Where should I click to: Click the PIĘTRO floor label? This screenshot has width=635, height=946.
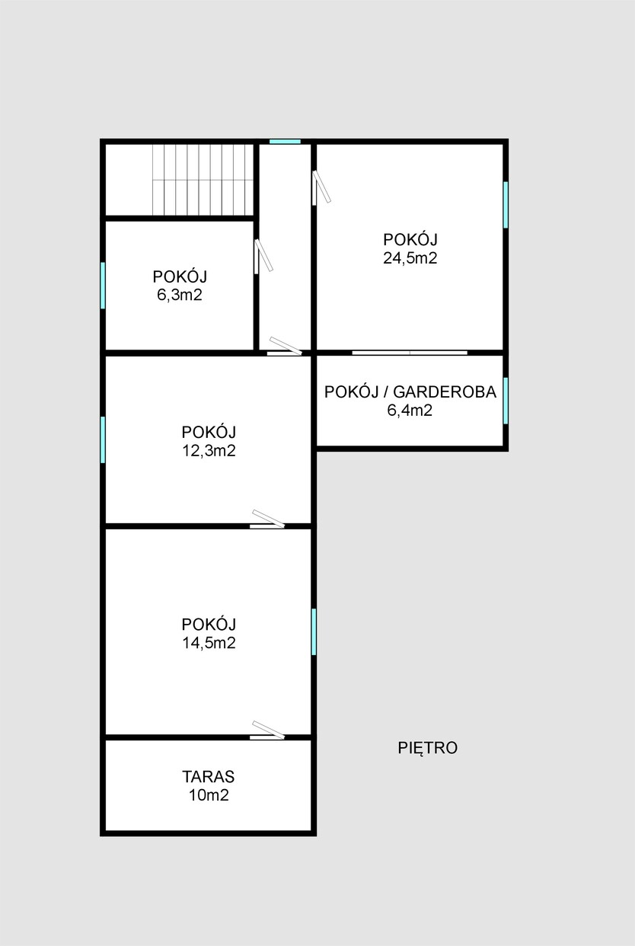tap(428, 748)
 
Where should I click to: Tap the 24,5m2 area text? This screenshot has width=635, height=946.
tap(410, 258)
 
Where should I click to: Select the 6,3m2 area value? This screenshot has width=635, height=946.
tap(180, 296)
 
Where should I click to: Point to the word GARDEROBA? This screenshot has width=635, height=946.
tap(445, 392)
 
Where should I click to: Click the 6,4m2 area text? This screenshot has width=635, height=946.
tap(410, 411)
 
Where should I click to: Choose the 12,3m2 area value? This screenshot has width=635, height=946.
tap(209, 451)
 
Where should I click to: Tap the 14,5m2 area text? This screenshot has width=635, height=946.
tap(209, 643)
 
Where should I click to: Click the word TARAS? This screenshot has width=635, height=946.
tap(209, 777)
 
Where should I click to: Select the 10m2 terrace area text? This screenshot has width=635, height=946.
tap(209, 795)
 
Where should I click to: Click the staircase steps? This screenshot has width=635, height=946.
tap(203, 180)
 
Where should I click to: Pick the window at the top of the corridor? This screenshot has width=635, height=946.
tap(285, 142)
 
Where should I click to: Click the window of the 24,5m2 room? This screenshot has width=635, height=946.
tap(506, 205)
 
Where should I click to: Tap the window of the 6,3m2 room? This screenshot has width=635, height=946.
tap(103, 286)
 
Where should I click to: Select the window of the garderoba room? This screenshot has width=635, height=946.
tap(506, 401)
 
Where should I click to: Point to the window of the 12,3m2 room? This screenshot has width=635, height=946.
tap(103, 439)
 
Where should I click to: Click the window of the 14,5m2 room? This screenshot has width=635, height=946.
tap(314, 631)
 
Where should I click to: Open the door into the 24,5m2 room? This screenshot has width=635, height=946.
tap(321, 187)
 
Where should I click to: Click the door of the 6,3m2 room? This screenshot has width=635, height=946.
tap(263, 257)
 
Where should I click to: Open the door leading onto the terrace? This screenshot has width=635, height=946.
tap(268, 730)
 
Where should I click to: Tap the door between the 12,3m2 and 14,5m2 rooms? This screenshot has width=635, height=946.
tap(268, 519)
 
